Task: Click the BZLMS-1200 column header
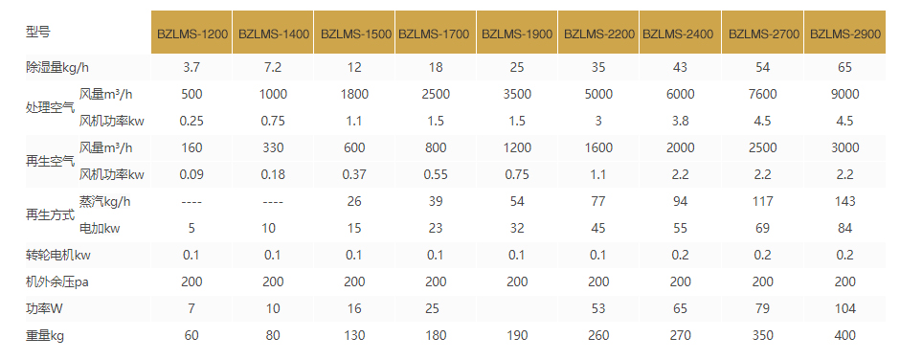[x=191, y=33]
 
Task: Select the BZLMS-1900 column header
[x=517, y=33]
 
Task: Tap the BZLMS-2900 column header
[x=844, y=33]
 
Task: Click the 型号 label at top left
[x=38, y=33]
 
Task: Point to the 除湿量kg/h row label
[x=57, y=67]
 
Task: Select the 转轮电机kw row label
[x=58, y=256]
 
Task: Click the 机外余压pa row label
[x=56, y=281]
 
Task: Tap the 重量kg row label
[x=45, y=336]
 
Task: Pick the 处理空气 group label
[x=51, y=107]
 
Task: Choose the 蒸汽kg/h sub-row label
[x=106, y=201]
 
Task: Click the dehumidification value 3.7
[x=191, y=67]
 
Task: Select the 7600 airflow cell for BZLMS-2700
[x=763, y=94]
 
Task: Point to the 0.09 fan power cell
[x=191, y=174]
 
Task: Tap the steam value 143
[x=844, y=201]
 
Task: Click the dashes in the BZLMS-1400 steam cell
[x=273, y=201]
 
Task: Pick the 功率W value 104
[x=844, y=309]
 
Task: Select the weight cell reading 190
[x=517, y=336]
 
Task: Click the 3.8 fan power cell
[x=682, y=121]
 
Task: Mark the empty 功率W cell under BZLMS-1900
[x=517, y=309]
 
